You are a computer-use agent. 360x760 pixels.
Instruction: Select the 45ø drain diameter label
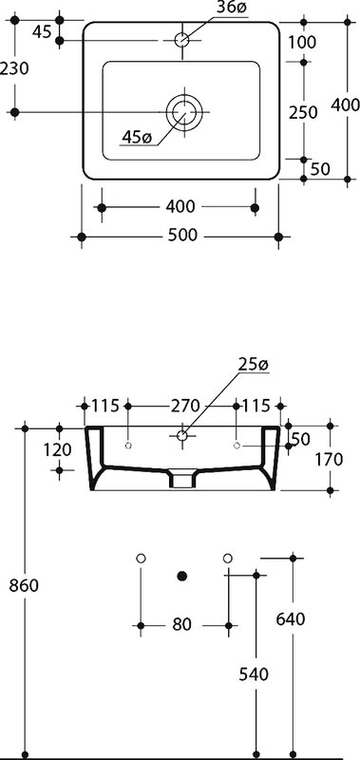(137, 137)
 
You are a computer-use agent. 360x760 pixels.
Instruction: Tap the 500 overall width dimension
(181, 235)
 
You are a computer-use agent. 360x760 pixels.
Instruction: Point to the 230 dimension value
(14, 68)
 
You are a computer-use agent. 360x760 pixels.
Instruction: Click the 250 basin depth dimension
(303, 112)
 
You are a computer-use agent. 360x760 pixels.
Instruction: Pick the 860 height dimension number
(24, 585)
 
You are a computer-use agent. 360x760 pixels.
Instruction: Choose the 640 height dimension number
(291, 619)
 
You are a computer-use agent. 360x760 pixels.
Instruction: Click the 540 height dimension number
(254, 674)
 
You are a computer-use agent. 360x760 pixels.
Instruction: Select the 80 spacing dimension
(182, 624)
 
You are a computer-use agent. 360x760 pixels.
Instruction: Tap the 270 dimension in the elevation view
(185, 405)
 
